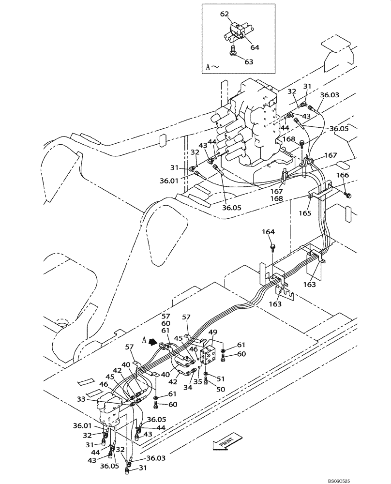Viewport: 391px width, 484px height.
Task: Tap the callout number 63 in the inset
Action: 248,62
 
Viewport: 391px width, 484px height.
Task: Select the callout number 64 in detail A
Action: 255,47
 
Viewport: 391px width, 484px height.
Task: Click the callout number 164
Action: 269,232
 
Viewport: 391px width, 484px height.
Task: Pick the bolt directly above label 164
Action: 273,247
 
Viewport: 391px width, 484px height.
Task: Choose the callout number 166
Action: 342,175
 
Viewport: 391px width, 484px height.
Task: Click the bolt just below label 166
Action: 347,195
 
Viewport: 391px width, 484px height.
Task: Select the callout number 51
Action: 220,379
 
